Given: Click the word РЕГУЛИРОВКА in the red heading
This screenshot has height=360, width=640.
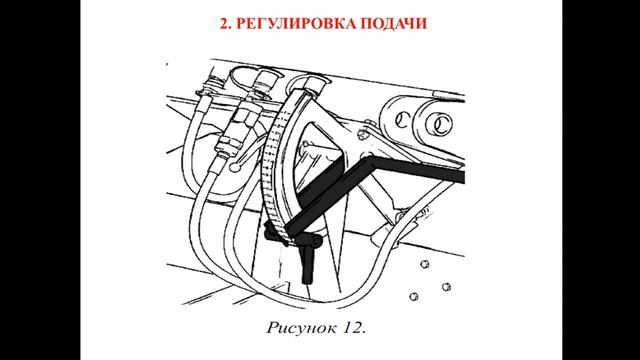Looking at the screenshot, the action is click(296, 23).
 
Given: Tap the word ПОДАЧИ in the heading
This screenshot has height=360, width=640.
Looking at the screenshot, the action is click(394, 23).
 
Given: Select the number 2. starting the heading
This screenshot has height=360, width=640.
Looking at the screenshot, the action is click(226, 23).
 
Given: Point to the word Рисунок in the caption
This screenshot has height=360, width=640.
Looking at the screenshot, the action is click(297, 328).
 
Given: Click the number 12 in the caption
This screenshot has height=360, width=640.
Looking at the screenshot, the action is click(349, 327).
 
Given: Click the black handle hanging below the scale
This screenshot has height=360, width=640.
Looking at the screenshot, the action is click(307, 266).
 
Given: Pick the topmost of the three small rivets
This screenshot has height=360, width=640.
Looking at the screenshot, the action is click(424, 264).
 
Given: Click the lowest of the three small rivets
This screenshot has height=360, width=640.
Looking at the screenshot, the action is click(414, 296).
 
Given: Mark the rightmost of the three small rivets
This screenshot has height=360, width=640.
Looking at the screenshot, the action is click(447, 287).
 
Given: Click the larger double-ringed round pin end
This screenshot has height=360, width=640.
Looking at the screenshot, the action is click(439, 124).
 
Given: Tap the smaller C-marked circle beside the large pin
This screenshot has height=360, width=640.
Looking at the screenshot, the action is click(402, 121).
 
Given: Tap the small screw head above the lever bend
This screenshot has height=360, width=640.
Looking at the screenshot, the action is click(361, 134).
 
